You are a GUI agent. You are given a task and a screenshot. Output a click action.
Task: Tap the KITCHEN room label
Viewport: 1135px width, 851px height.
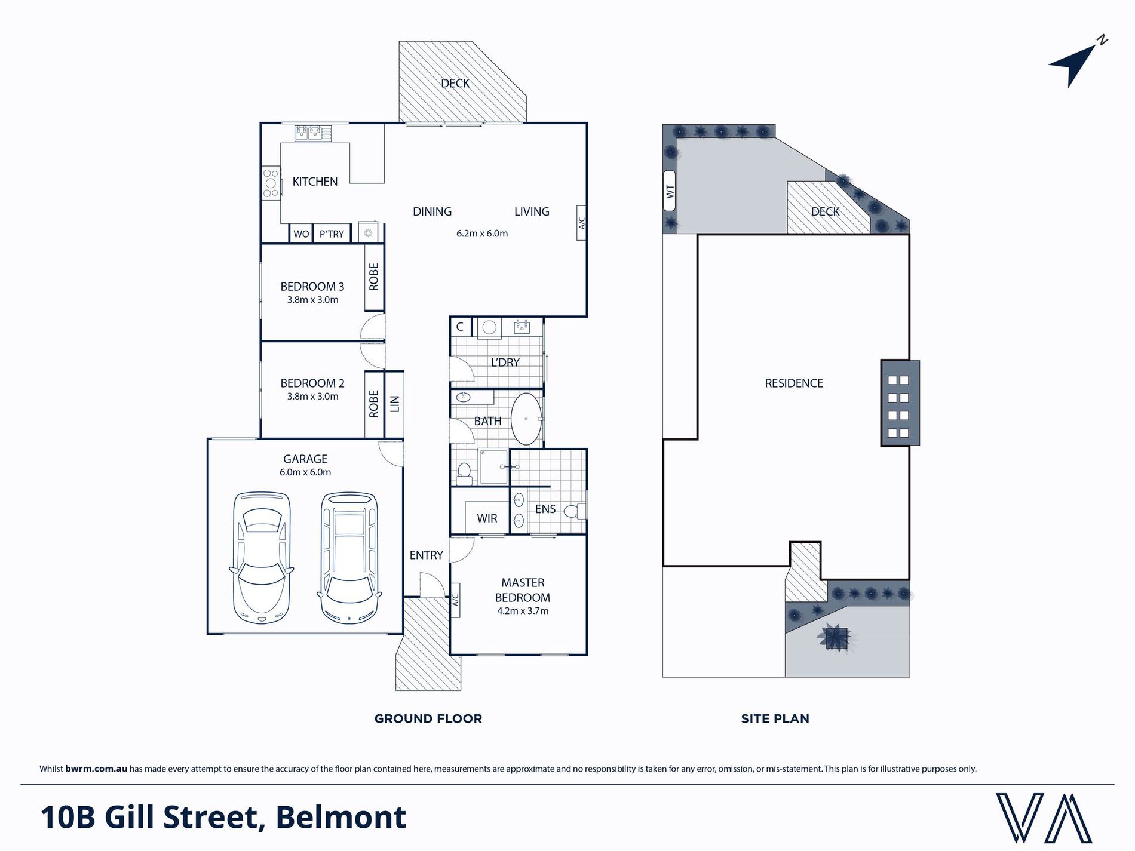pyautogui.click(x=315, y=182)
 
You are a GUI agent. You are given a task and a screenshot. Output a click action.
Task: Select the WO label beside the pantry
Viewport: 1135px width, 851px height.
pyautogui.click(x=301, y=234)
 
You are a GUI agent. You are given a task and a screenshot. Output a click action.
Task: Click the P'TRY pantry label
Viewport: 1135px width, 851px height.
pyautogui.click(x=332, y=234)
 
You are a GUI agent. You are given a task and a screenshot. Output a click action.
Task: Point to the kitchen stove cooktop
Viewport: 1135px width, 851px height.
pyautogui.click(x=271, y=183)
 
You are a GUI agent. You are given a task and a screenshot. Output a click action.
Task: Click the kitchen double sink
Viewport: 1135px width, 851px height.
pyautogui.click(x=313, y=133)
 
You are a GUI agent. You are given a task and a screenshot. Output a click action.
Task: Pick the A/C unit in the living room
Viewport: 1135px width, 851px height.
pyautogui.click(x=581, y=223)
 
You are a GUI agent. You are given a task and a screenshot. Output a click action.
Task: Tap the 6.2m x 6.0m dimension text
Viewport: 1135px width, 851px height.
pyautogui.click(x=482, y=234)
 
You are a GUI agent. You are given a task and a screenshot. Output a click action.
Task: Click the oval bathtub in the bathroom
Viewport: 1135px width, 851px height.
pyautogui.click(x=526, y=419)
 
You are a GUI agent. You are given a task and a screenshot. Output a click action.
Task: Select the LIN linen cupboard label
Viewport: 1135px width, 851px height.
pyautogui.click(x=394, y=404)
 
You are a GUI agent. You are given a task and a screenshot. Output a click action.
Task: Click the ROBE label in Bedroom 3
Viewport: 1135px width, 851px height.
pyautogui.click(x=374, y=277)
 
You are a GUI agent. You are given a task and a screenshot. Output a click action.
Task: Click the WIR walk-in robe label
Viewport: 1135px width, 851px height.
pyautogui.click(x=487, y=518)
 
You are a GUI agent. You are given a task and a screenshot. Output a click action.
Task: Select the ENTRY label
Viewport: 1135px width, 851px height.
pyautogui.click(x=426, y=555)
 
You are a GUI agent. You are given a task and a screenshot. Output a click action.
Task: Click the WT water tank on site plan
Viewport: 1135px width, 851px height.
pyautogui.click(x=670, y=191)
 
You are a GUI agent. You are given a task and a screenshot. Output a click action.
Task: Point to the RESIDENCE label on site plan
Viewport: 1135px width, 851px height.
pyautogui.click(x=794, y=383)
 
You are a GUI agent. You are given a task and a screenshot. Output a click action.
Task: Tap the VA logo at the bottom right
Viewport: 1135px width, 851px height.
pyautogui.click(x=1044, y=818)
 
